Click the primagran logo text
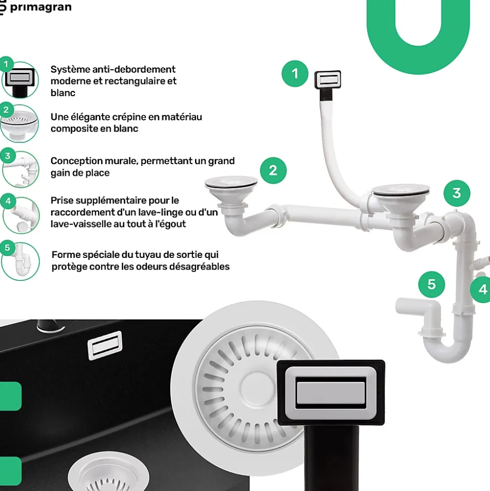[41, 7]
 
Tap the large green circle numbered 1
[295, 74]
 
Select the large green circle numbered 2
[273, 170]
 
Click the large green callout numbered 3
[457, 193]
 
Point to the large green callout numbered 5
[431, 284]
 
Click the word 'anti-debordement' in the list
[133, 69]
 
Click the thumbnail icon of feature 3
[21, 169]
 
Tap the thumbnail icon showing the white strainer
[19, 123]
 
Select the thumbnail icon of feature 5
[21, 261]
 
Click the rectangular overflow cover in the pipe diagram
[328, 79]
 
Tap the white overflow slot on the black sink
[105, 345]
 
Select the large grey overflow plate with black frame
[331, 393]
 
